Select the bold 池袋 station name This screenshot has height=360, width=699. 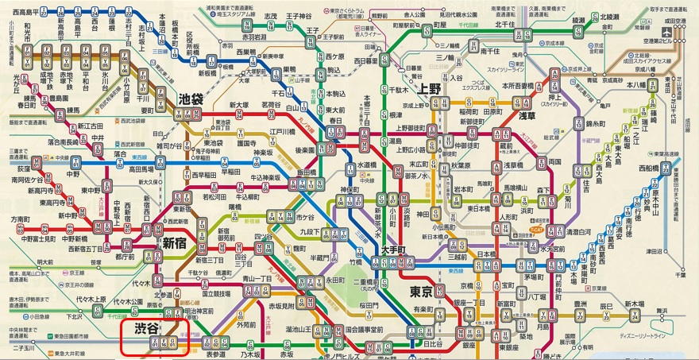(190, 101)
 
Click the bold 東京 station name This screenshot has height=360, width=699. (420, 292)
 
